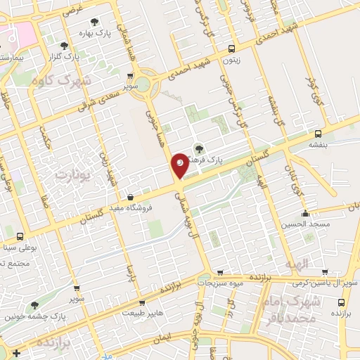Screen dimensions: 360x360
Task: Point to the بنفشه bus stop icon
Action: pyautogui.click(x=319, y=133)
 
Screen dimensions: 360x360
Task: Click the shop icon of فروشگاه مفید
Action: pyautogui.click(x=131, y=197)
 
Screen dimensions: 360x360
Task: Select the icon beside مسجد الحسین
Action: pyautogui.click(x=305, y=214)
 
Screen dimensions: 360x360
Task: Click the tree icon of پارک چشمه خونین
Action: pyautogui.click(x=34, y=305)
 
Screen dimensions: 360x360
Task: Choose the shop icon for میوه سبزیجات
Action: pyautogui.click(x=220, y=271)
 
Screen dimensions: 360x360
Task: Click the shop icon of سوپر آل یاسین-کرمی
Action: pyautogui.click(x=324, y=271)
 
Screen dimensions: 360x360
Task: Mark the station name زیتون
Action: pyautogui.click(x=232, y=60)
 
